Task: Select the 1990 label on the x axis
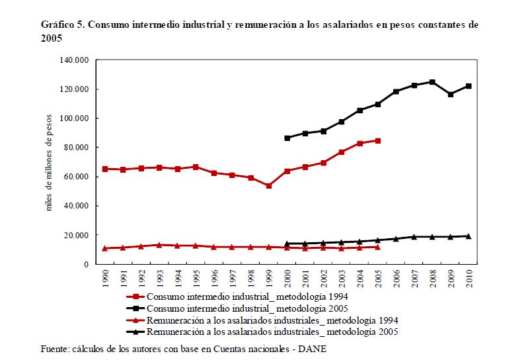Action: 105,277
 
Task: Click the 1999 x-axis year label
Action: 268,277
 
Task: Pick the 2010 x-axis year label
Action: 468,277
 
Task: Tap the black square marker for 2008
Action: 432,82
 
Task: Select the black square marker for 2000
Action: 287,138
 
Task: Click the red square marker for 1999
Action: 268,186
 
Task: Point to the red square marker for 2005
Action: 377,140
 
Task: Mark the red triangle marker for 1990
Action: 105,248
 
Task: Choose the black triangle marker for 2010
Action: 468,236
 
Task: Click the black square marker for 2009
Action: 450,95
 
